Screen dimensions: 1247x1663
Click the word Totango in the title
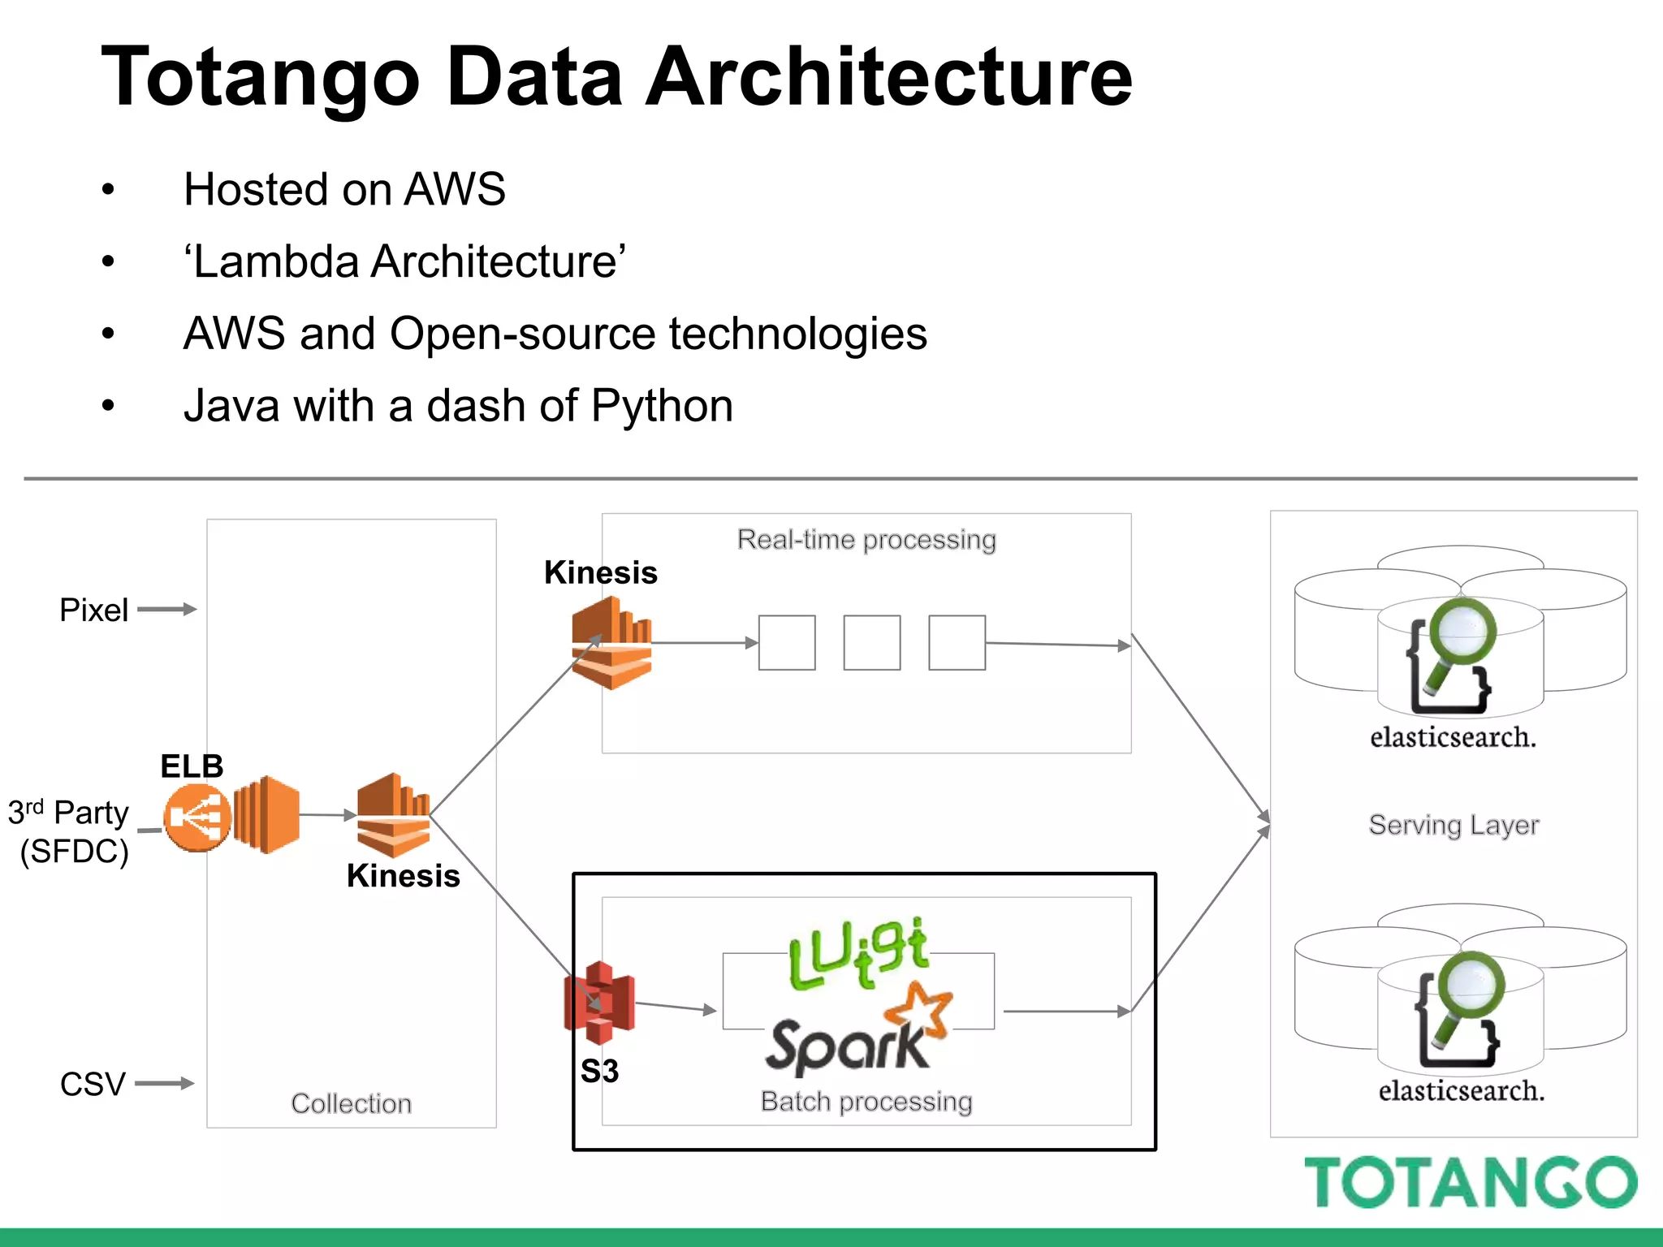tap(260, 77)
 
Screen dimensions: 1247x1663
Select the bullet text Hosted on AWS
tap(344, 190)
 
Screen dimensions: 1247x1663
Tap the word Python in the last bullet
tap(662, 406)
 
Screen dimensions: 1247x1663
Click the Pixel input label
tap(93, 611)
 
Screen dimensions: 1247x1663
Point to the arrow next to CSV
tap(164, 1083)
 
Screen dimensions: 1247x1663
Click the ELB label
tap(192, 766)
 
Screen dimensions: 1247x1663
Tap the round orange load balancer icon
tap(197, 818)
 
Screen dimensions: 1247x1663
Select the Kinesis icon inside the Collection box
tap(394, 815)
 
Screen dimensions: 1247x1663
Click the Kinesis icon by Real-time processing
tap(611, 643)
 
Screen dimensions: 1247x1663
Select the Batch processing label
tap(866, 1102)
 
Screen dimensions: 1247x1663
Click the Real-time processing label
tap(866, 540)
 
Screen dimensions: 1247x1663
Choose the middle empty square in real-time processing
tap(871, 643)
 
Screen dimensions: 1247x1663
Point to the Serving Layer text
tap(1454, 825)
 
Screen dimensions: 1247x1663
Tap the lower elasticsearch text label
tap(1461, 1090)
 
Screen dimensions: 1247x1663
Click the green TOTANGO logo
tap(1470, 1183)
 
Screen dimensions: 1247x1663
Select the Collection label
tap(351, 1103)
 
